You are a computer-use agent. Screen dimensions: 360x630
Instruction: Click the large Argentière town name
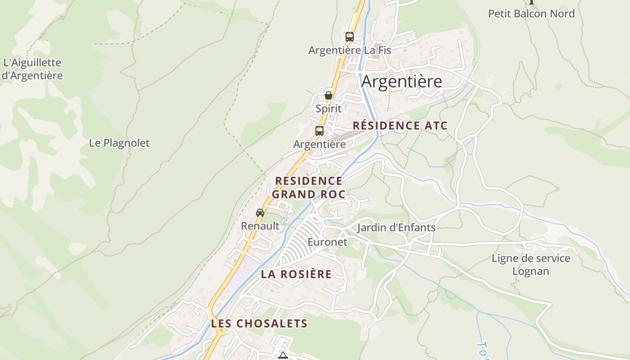click(401, 81)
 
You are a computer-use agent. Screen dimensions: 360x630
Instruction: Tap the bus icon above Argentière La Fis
click(350, 37)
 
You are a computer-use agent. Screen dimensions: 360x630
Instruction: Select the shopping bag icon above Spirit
click(328, 95)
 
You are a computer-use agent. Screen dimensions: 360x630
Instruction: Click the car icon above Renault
click(260, 213)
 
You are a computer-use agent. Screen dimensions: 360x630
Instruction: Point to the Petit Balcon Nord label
click(531, 13)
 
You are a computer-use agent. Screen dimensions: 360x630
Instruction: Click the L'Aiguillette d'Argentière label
click(32, 69)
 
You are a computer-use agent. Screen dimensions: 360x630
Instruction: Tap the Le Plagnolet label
click(119, 143)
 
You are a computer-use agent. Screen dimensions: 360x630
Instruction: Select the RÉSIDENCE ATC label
click(400, 126)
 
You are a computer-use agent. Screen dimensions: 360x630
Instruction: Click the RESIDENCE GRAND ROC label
click(309, 187)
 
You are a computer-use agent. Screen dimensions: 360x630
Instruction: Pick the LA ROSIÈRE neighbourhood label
click(296, 274)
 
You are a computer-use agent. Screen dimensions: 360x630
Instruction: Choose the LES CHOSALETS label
click(259, 323)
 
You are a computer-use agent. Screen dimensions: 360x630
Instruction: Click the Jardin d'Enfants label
click(396, 227)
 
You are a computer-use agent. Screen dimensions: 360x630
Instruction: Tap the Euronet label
click(327, 242)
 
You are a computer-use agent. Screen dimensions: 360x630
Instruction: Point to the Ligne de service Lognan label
click(531, 265)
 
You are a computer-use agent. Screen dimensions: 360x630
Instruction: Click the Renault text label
click(260, 225)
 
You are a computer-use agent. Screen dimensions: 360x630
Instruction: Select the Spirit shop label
click(328, 108)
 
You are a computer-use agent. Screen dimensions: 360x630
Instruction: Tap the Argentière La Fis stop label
click(350, 50)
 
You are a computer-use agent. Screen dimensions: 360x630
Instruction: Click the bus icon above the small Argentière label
click(319, 131)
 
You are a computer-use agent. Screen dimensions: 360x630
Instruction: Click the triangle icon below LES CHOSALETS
click(283, 356)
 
